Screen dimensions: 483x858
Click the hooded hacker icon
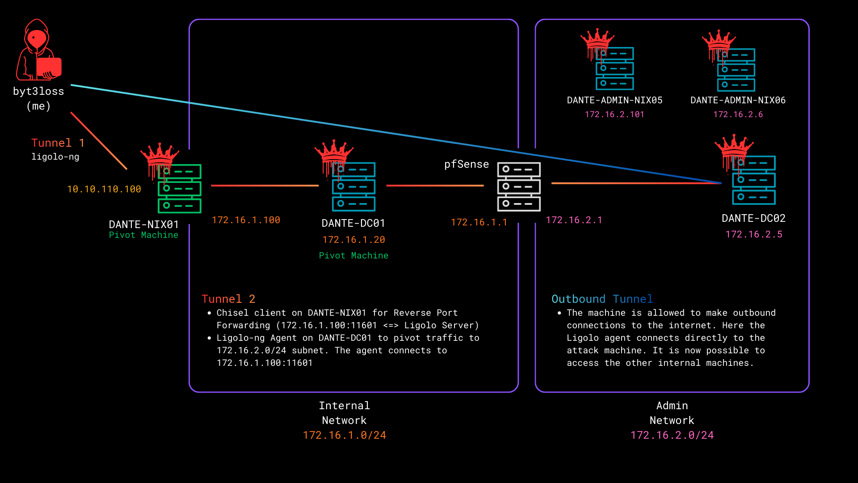pos(38,50)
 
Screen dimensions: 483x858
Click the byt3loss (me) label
pos(38,98)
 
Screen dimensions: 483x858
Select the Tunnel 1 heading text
pos(58,143)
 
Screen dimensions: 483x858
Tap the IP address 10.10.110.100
pos(104,189)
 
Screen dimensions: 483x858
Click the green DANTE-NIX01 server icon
pos(179,189)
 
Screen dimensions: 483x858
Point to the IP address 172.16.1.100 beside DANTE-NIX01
pos(246,220)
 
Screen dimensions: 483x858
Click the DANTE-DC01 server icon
pos(353,187)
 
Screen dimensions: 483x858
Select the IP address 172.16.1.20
pos(353,240)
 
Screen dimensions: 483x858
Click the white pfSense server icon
pos(519,186)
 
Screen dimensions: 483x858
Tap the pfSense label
pos(466,164)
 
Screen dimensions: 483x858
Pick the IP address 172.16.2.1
pos(574,220)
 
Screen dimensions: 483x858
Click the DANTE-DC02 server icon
pos(753,180)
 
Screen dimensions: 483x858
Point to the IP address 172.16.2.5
pos(753,234)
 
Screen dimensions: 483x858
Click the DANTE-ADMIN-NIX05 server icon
pos(614,68)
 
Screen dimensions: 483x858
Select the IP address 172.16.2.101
pos(614,114)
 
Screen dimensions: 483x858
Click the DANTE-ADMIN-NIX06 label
pos(738,100)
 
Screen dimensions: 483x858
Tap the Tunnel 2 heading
pos(228,299)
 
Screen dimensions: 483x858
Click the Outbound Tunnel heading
pos(602,299)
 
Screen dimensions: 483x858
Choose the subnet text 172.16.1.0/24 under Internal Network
pos(344,435)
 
